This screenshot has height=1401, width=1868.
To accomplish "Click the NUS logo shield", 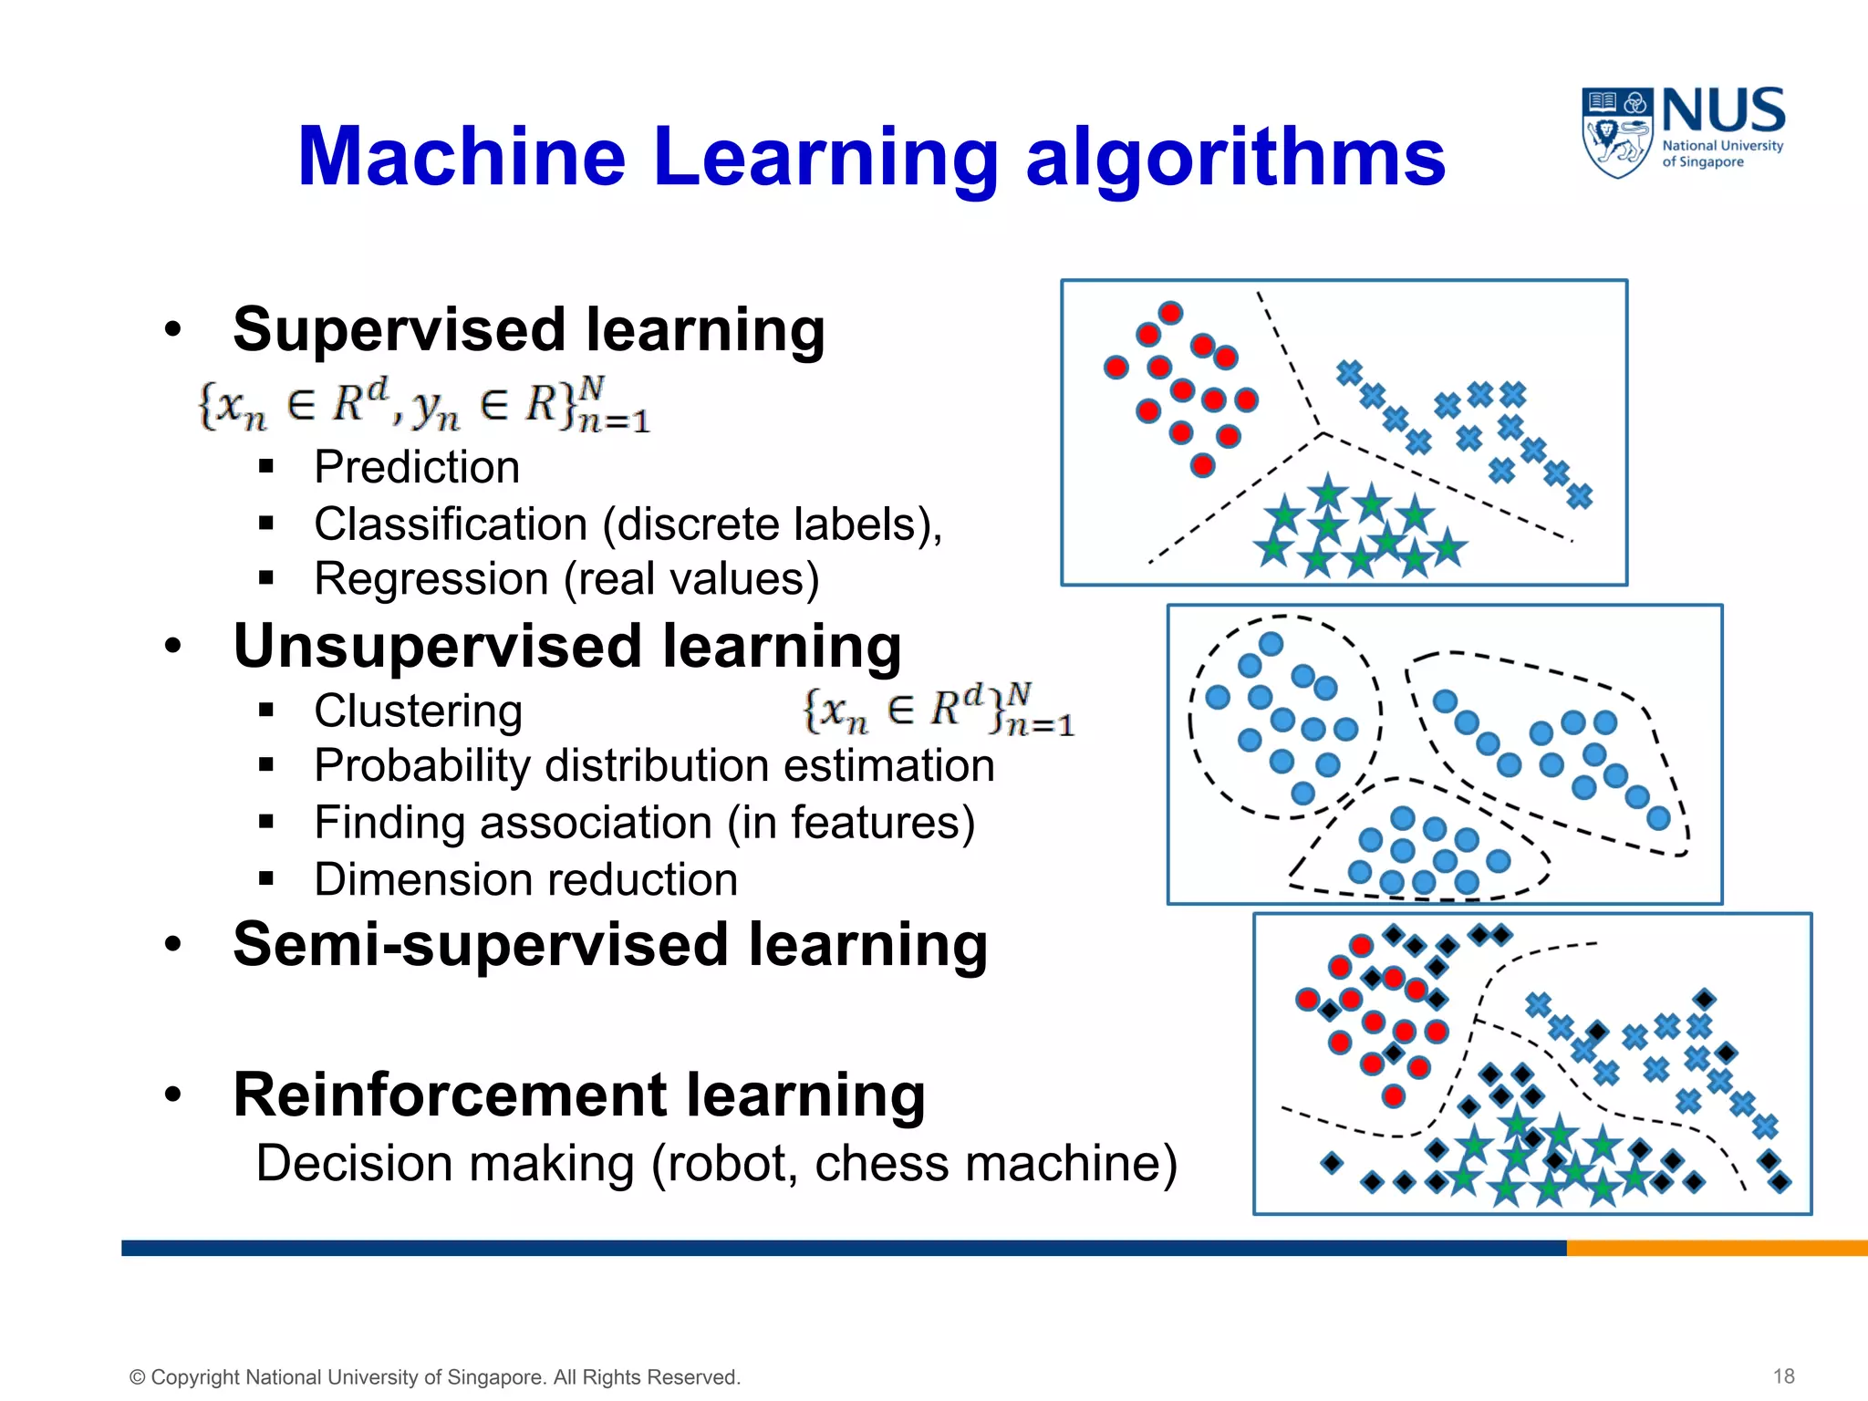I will click(x=1617, y=133).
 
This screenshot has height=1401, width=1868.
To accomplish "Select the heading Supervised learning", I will click(x=529, y=329).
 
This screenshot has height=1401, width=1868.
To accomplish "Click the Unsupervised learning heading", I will click(x=567, y=647).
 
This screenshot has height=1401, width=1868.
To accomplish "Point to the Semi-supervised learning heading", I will click(x=610, y=944).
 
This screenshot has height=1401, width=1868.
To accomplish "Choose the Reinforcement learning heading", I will click(x=579, y=1094).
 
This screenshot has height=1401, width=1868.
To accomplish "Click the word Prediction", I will click(x=417, y=467).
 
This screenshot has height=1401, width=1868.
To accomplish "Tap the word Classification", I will click(x=451, y=524).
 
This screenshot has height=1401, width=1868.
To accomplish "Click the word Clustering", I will click(x=419, y=711).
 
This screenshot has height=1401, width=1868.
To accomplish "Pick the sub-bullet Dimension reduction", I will click(x=526, y=880).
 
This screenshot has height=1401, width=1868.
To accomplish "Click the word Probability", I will click(x=420, y=766).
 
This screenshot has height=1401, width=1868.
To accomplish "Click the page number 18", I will click(x=1784, y=1376).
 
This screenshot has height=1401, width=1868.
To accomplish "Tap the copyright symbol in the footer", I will click(x=138, y=1378).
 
